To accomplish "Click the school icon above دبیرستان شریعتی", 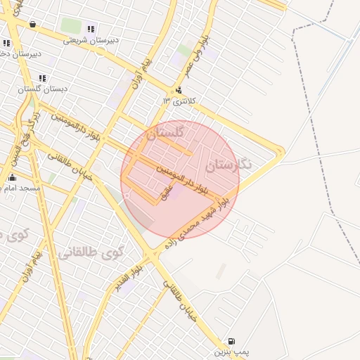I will (x=90, y=29).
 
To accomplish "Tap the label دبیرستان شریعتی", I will (x=91, y=40).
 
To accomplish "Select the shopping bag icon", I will (x=33, y=24).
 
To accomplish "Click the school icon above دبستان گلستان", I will (x=42, y=77).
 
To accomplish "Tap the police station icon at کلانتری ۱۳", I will (x=179, y=90).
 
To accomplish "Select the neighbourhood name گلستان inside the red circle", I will (x=165, y=132).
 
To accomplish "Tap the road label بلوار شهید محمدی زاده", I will (x=197, y=224).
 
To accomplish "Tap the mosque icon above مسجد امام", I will (x=12, y=176).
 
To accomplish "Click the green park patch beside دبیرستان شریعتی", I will (x=70, y=26).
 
